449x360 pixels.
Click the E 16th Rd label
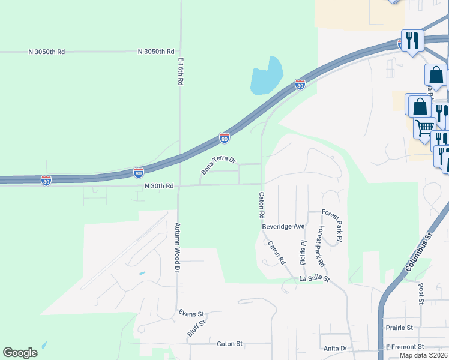coord(179,71)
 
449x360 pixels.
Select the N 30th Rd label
coord(159,187)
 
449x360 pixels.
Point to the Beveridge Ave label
coord(284,226)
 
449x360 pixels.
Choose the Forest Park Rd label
coord(322,246)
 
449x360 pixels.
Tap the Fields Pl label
coord(303,252)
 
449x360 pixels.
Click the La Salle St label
coord(315,279)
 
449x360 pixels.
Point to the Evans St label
coord(192,313)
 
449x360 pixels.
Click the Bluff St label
coord(196,327)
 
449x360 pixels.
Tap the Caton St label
coord(229,344)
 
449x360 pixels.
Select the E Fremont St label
coord(405,347)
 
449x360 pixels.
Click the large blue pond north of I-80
coord(266,76)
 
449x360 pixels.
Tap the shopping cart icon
coord(424,128)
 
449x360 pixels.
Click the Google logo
coord(20,353)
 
